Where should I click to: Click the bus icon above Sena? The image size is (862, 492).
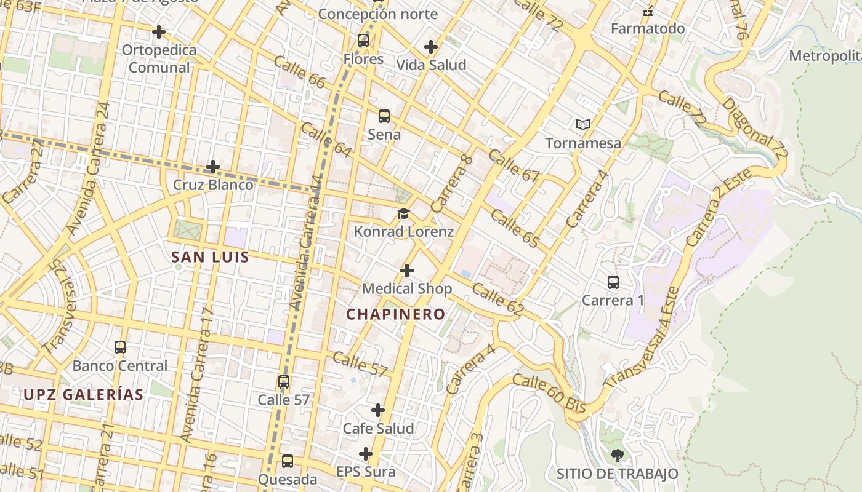384,116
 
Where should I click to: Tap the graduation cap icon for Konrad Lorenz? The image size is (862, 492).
403,213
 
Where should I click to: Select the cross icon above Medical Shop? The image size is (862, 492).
407,271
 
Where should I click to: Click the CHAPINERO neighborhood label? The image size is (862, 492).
395,314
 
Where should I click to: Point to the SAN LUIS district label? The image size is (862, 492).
210,257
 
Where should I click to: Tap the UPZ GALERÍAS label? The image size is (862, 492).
84,395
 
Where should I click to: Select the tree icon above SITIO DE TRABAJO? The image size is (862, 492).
617,456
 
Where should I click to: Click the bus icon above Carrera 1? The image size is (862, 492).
613,282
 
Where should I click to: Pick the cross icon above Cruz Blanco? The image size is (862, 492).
213,167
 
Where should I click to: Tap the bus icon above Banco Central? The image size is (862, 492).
120,347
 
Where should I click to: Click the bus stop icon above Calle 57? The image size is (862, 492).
284,382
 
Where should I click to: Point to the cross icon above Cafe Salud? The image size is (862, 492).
378,410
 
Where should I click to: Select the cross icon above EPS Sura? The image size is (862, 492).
366,454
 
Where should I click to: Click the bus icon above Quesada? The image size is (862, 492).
288,461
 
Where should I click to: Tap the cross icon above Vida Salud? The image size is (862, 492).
431,47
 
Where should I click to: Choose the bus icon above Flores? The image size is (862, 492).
363,41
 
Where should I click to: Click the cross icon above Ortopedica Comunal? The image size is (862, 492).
159,31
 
